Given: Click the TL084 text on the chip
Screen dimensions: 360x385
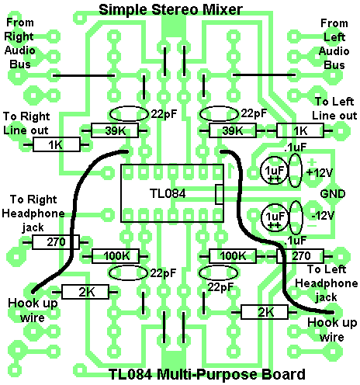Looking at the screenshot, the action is tap(168, 193).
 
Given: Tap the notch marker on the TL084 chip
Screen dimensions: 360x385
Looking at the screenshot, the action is tap(219, 194).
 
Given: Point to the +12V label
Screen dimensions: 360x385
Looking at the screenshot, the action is tap(320, 172).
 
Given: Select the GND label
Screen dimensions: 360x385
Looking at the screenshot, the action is tap(333, 194).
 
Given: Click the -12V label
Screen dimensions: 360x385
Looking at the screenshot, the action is tap(323, 215).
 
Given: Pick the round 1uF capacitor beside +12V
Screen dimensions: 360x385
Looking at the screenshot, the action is tap(274, 171).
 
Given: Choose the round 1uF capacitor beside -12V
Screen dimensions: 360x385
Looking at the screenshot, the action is tap(275, 217).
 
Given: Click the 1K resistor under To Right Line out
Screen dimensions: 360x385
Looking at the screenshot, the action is tap(57, 144).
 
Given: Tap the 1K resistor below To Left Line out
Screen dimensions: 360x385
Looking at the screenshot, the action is tap(300, 130).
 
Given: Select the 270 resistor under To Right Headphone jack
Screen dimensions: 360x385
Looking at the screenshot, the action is tap(56, 242).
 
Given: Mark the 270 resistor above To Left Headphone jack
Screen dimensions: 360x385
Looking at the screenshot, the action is tap(300, 256).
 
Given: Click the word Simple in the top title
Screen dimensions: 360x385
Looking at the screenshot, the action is tap(123, 10).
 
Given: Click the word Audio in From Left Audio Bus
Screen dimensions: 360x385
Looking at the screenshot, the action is tap(334, 51).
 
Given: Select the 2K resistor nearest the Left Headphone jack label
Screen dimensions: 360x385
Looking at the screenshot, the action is tap(264, 312).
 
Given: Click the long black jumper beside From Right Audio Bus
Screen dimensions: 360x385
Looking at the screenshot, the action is tap(84, 76).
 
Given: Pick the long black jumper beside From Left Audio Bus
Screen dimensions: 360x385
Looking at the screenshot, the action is tap(264, 75).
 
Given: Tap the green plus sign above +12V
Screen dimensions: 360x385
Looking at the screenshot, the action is tap(312, 162).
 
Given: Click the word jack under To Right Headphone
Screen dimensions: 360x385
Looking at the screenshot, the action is tap(33, 227).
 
